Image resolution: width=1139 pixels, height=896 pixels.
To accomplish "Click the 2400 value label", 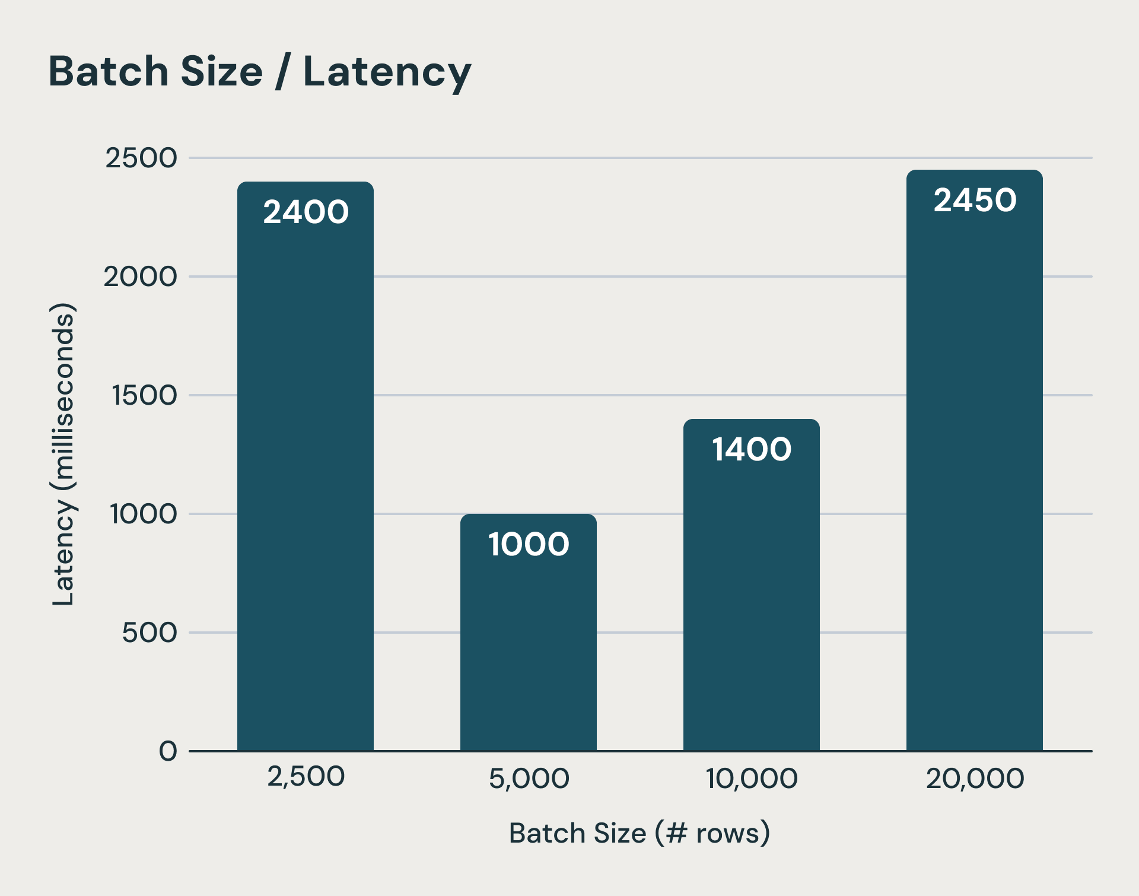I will tap(306, 212).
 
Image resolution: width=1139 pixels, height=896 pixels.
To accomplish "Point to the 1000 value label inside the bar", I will tap(529, 544).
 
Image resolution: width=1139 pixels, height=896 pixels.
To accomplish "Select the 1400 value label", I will tap(752, 449).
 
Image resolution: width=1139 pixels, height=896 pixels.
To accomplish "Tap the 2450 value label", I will tap(975, 200).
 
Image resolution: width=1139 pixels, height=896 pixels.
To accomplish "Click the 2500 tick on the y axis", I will tap(141, 158).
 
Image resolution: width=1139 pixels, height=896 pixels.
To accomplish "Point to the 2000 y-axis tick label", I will tap(141, 277).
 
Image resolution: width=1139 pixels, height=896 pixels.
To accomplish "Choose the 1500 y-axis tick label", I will tap(145, 395).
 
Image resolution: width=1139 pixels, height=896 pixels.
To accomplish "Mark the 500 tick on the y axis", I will tap(149, 633).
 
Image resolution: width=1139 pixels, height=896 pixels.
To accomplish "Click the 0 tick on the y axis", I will tap(168, 751).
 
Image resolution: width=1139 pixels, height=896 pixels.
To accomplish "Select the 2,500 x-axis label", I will tap(306, 776).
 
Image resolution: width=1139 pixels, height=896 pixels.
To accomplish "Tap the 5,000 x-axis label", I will tap(529, 778).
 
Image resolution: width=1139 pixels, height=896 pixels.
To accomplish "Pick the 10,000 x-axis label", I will tap(752, 778).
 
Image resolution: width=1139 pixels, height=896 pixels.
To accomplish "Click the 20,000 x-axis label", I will tap(975, 778).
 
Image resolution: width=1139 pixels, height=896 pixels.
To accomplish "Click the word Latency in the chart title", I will tap(387, 72).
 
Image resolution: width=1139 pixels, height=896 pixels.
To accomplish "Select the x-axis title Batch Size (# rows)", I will tap(640, 833).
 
